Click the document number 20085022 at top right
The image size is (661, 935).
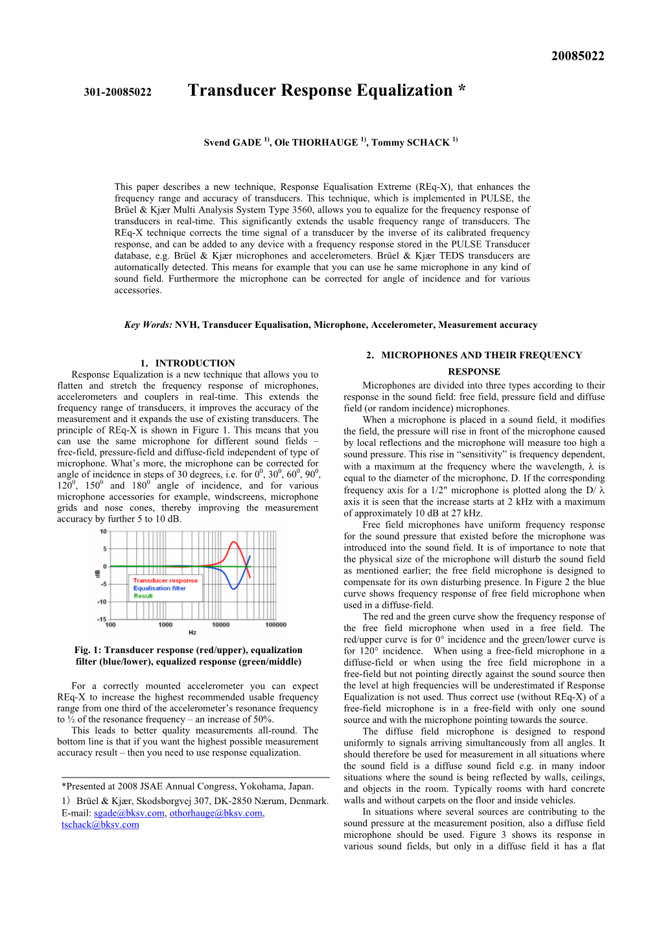577,56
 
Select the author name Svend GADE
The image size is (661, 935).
232,143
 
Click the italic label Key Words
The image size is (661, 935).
148,325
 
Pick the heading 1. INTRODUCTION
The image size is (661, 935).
188,363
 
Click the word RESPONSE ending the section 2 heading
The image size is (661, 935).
474,371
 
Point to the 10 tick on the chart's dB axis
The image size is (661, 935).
103,532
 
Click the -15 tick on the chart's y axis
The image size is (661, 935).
102,619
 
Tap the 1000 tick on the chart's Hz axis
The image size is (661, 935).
165,625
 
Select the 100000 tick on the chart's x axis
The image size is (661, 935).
275,625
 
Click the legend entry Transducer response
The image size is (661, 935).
165,581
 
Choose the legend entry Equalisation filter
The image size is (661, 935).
159,588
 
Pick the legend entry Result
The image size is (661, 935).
143,596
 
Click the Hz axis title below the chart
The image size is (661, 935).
192,632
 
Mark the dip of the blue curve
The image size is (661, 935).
235,588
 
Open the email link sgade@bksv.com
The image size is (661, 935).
129,813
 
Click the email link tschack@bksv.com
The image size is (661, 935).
100,825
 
